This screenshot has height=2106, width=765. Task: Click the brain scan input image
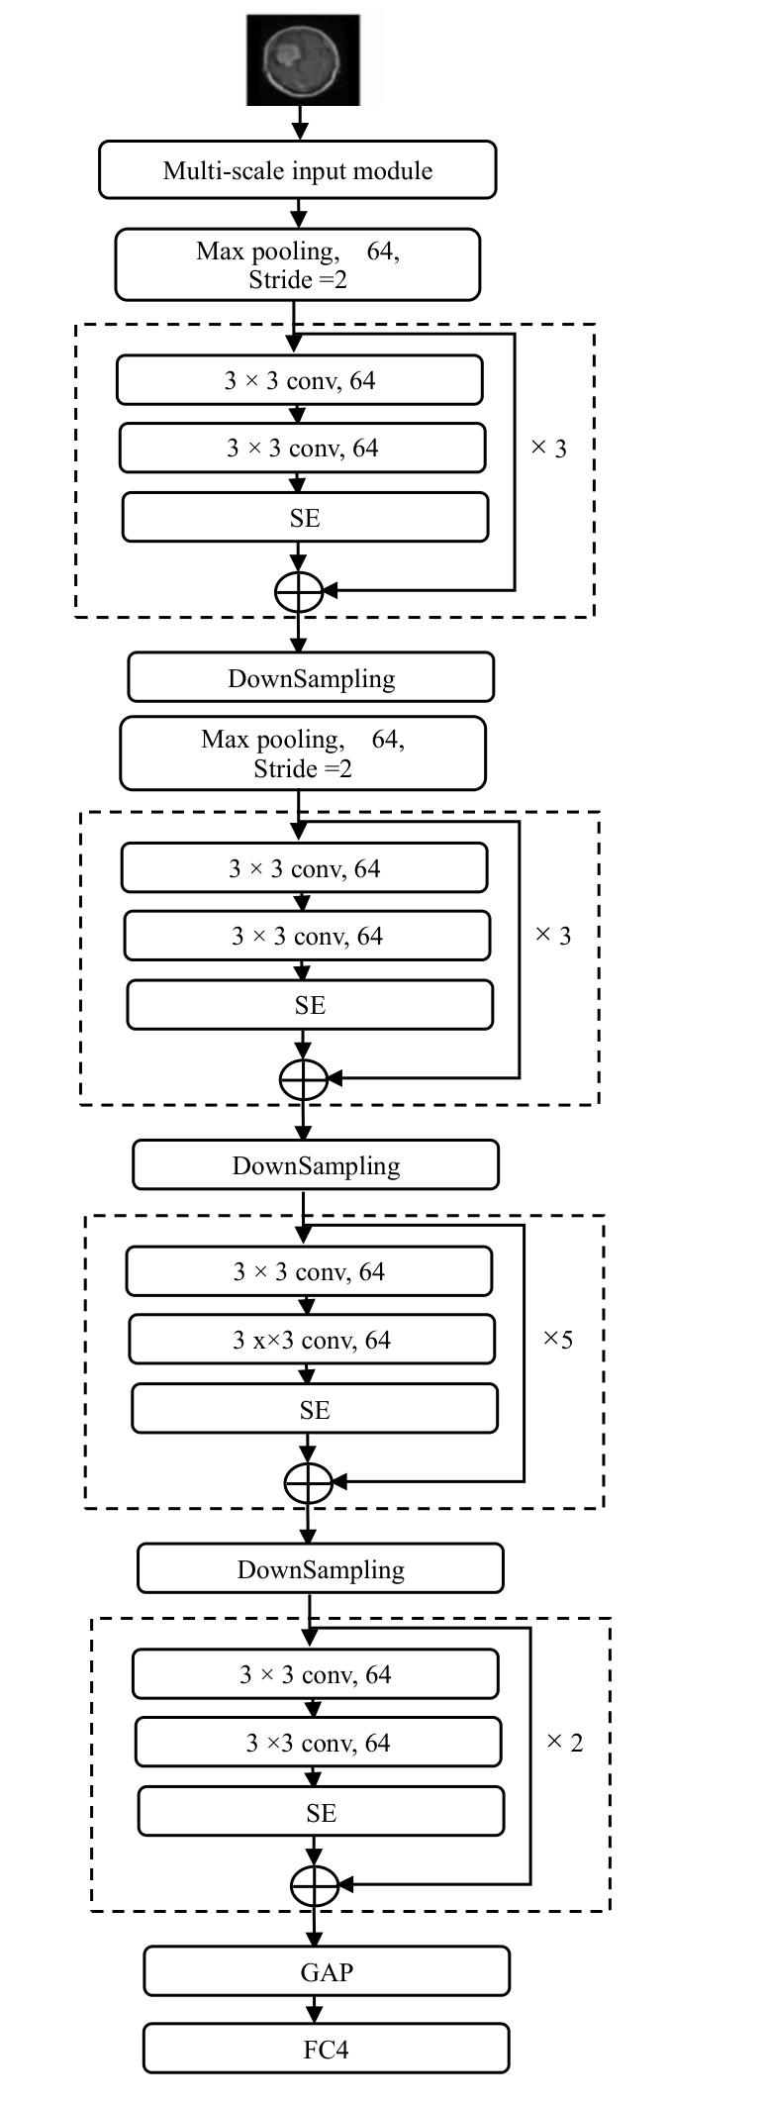click(x=302, y=60)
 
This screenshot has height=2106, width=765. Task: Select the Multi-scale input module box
click(x=297, y=170)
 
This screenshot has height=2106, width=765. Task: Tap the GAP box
click(x=326, y=1971)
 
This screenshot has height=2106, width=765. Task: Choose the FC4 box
click(x=326, y=2049)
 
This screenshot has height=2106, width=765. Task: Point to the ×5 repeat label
click(x=557, y=1340)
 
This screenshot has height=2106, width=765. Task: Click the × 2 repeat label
click(x=564, y=1743)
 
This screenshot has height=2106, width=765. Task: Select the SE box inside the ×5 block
click(x=314, y=1409)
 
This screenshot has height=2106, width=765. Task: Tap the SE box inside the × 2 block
click(x=320, y=1812)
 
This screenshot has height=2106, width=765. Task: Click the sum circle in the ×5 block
click(x=308, y=1482)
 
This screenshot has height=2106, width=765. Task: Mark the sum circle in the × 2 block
click(x=315, y=1885)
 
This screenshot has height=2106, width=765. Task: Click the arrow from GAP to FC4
click(x=315, y=2010)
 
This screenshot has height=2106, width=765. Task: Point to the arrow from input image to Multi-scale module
click(x=299, y=124)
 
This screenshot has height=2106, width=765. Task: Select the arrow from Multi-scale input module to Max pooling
click(x=299, y=214)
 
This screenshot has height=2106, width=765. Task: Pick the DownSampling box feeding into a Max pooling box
click(x=311, y=678)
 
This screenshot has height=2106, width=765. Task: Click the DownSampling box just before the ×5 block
click(x=316, y=1165)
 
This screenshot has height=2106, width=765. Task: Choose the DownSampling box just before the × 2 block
click(x=321, y=1569)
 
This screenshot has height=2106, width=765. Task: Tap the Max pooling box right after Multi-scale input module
click(x=297, y=264)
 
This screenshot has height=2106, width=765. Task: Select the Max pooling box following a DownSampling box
click(x=303, y=753)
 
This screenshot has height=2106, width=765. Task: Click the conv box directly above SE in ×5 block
click(x=312, y=1340)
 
